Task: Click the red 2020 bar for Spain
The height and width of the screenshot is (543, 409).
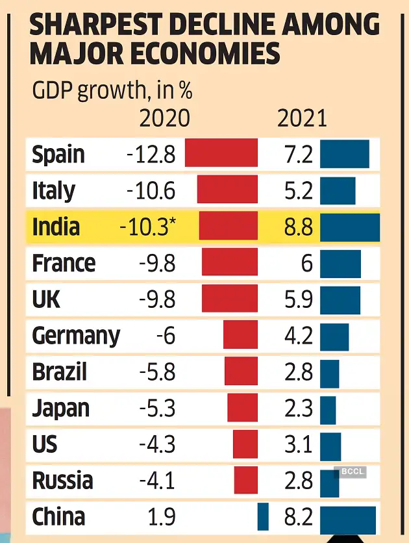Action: (x=221, y=155)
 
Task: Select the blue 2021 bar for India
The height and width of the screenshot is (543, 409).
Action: (x=350, y=227)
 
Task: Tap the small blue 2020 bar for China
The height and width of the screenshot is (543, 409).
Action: (x=263, y=516)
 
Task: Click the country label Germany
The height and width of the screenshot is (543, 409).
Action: (x=76, y=336)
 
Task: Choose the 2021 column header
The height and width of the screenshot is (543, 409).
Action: (x=302, y=118)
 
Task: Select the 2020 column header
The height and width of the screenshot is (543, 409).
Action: (x=165, y=118)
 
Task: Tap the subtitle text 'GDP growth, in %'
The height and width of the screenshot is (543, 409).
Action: (x=112, y=91)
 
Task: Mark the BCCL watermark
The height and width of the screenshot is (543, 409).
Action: (x=350, y=472)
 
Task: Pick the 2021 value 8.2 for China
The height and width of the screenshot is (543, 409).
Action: (x=299, y=517)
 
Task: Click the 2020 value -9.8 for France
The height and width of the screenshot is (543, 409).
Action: (x=157, y=263)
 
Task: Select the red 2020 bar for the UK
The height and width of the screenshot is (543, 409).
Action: (x=230, y=299)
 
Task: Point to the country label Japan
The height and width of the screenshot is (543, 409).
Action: (x=60, y=409)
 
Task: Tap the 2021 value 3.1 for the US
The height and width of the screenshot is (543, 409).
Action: (x=299, y=445)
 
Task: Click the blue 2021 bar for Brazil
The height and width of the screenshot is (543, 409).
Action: (x=329, y=372)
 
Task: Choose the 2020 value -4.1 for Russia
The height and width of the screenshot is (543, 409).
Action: (x=157, y=481)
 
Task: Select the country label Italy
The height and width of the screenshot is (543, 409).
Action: (x=53, y=191)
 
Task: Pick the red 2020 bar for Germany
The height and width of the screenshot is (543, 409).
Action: (x=240, y=336)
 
